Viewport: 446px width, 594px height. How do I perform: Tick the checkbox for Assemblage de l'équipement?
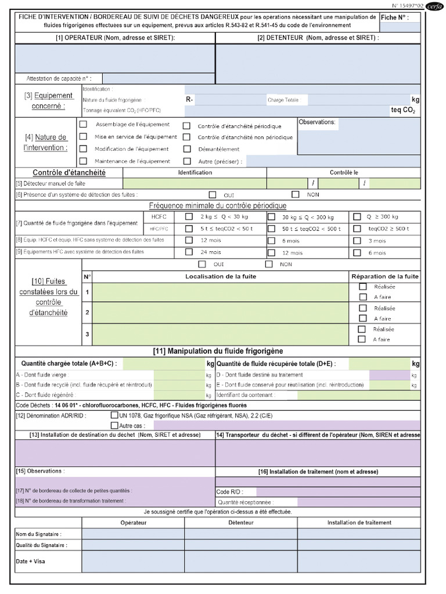click(83, 124)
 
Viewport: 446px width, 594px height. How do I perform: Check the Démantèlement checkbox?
click(187, 149)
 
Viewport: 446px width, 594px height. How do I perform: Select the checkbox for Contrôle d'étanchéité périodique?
click(187, 126)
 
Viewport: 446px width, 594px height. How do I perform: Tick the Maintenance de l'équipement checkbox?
click(83, 161)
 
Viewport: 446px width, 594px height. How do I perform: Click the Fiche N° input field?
click(400, 27)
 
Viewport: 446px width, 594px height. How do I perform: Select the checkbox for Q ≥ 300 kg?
click(356, 216)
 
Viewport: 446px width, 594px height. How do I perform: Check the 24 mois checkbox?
click(189, 252)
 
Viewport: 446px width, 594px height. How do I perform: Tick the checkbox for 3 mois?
click(356, 240)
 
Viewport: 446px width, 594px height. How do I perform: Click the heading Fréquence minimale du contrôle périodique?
click(218, 205)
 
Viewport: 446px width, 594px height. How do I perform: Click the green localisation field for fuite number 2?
click(221, 313)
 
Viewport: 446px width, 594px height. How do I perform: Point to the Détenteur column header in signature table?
click(241, 523)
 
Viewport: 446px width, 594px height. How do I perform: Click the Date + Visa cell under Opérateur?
click(133, 562)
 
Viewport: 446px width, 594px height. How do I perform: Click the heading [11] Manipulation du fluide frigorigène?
click(218, 351)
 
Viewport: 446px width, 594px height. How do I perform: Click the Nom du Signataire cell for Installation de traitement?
click(358, 534)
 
